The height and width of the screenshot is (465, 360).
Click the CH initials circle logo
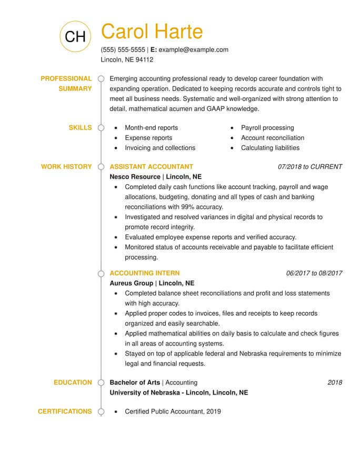click(x=75, y=35)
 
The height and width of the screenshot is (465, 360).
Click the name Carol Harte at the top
click(x=152, y=32)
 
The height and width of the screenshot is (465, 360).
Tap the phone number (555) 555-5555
click(x=123, y=50)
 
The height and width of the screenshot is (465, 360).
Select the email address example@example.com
click(x=193, y=50)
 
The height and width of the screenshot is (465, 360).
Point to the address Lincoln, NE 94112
click(x=127, y=60)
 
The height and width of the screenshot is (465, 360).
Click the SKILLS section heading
click(x=80, y=127)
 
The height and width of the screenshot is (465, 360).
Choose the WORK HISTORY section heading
click(x=66, y=167)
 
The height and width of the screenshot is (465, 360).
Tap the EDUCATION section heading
click(x=73, y=382)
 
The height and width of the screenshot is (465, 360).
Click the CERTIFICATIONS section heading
click(x=65, y=411)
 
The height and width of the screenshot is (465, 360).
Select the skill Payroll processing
click(x=267, y=128)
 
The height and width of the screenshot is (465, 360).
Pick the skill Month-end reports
click(x=151, y=128)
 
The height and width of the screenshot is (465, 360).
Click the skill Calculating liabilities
click(x=270, y=148)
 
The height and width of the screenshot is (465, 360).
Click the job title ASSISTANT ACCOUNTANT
click(x=151, y=167)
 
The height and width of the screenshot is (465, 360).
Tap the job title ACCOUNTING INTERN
click(x=144, y=273)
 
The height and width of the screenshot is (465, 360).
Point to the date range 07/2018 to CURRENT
click(x=310, y=167)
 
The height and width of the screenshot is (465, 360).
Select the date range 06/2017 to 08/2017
click(x=314, y=273)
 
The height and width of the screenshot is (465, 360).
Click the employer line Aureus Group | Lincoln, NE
click(x=152, y=283)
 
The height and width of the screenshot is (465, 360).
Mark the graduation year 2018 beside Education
click(x=335, y=382)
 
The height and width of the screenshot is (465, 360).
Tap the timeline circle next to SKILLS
click(x=101, y=128)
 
